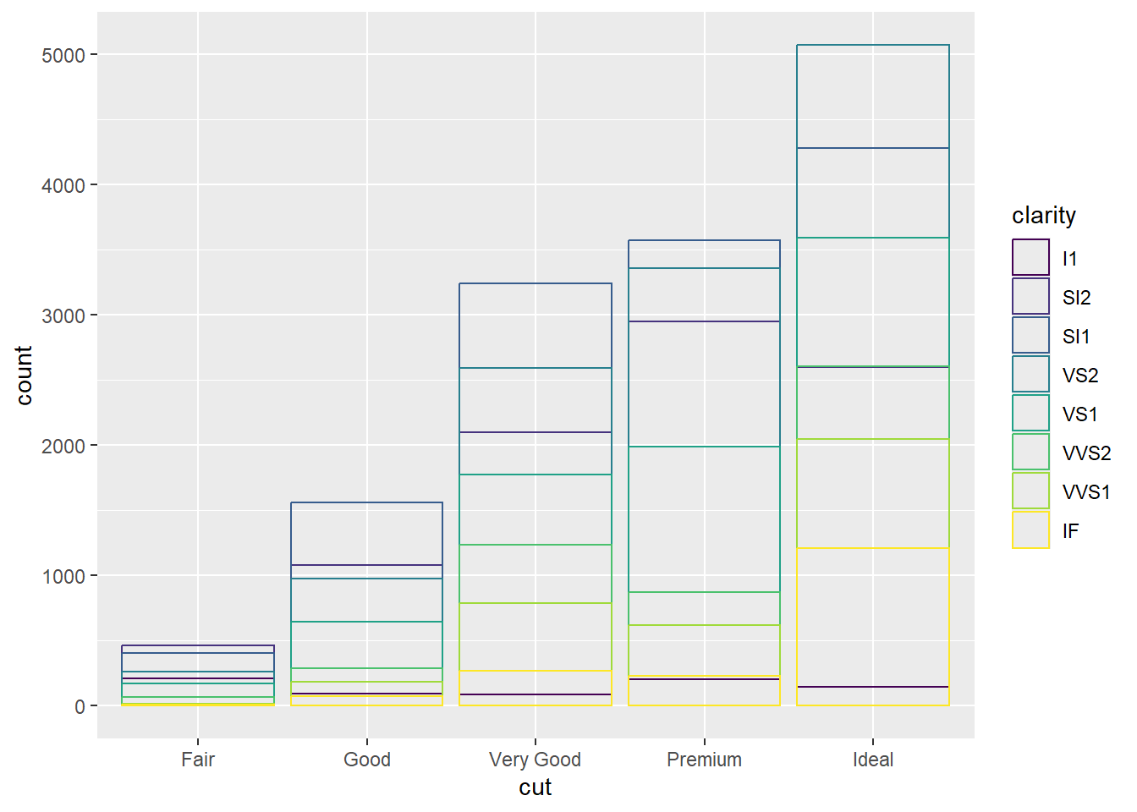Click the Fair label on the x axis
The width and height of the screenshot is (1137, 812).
(198, 760)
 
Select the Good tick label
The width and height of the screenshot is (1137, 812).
(366, 760)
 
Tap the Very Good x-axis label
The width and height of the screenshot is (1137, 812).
(535, 760)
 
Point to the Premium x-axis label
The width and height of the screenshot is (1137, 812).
(704, 760)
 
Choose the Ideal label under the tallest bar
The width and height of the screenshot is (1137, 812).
(872, 760)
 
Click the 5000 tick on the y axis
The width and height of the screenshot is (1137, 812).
(63, 56)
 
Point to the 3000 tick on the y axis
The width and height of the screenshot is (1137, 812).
(63, 316)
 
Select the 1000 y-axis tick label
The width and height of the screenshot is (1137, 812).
(63, 577)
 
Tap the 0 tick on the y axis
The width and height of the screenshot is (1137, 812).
(80, 707)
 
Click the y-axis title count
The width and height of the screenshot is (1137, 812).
(24, 375)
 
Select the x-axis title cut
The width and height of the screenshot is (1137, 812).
(535, 787)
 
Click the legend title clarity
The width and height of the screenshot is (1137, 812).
(1043, 216)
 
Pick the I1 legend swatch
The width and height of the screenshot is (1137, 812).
(1030, 257)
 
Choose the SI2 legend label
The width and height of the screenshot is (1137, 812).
(1076, 298)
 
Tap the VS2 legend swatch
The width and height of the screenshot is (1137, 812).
(1030, 374)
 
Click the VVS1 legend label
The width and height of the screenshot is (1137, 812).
(1086, 492)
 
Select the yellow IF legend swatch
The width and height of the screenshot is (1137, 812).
(1030, 529)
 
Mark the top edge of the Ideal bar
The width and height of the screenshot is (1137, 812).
(872, 45)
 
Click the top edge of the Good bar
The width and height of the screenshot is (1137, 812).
(366, 503)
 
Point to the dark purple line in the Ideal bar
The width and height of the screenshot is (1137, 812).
(872, 687)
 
